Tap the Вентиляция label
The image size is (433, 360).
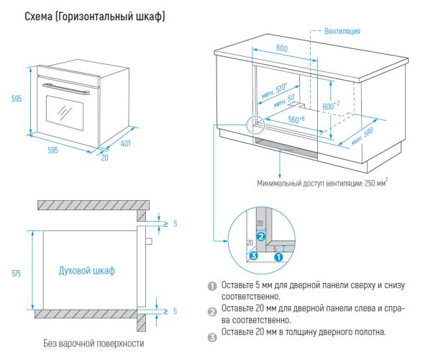coord(342,31)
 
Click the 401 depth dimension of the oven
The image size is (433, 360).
coord(125,143)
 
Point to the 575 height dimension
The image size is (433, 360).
coord(16,274)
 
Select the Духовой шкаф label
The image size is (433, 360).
coord(87,271)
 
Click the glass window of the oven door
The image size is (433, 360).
coord(65,113)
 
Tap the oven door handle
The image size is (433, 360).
coord(66,89)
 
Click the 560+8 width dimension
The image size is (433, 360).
coord(296,120)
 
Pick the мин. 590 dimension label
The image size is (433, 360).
coord(362,137)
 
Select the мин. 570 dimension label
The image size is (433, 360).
coord(274,91)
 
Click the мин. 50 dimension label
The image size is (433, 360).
coord(284,101)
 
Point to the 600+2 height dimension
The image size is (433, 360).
coord(331,106)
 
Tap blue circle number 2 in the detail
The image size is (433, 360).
coord(261,236)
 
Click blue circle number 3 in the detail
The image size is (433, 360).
coord(253,256)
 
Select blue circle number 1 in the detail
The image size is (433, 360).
coord(278,257)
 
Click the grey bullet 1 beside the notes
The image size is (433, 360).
coord(212,286)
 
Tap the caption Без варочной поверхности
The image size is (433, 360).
coord(94,343)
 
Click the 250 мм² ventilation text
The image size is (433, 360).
coord(376,183)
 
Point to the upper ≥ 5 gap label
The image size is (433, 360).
coord(170,223)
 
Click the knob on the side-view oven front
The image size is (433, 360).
coord(149,241)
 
